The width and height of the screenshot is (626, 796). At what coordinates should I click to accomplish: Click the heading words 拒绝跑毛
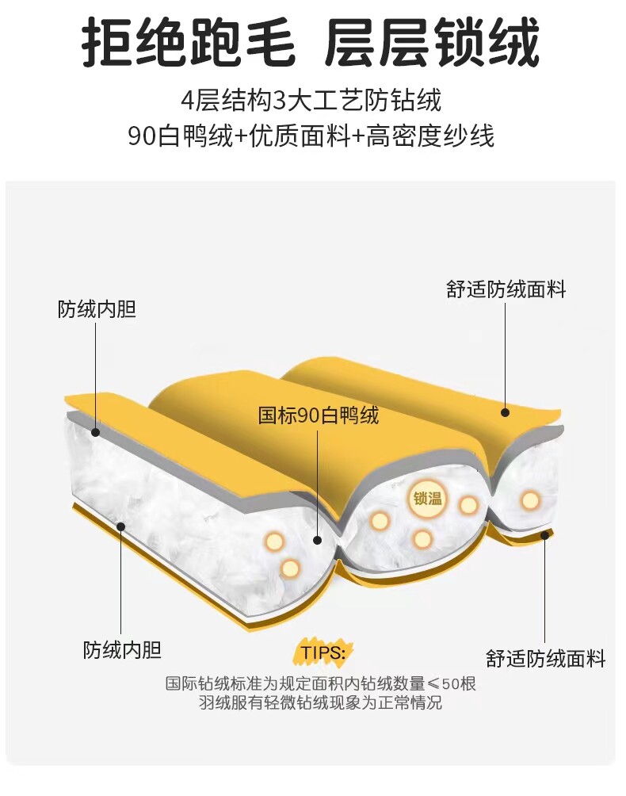[x=189, y=44]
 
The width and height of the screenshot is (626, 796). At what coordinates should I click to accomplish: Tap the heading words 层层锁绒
[x=433, y=44]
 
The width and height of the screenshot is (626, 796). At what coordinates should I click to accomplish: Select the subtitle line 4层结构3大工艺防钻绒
[x=311, y=101]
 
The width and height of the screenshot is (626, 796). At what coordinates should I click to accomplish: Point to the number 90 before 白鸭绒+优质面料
[x=142, y=136]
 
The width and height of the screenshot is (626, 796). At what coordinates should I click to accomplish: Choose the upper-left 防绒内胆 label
[x=97, y=308]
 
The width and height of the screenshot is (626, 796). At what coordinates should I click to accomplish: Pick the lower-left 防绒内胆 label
[x=122, y=651]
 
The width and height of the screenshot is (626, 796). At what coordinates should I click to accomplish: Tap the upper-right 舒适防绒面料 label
[x=506, y=289]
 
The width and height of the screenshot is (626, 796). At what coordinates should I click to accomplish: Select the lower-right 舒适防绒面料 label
[x=545, y=657]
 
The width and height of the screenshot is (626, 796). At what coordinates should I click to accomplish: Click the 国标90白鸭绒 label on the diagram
[x=319, y=415]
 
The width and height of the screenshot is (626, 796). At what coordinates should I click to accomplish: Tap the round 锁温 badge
[x=427, y=499]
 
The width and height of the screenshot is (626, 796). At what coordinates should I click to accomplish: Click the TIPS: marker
[x=323, y=652]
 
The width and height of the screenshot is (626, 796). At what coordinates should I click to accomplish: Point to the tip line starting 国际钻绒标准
[x=321, y=683]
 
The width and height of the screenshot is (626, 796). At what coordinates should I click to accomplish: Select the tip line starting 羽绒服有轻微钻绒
[x=321, y=702]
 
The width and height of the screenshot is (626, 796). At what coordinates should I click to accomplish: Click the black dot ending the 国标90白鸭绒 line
[x=318, y=540]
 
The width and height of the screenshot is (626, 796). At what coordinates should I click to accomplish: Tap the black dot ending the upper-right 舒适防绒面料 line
[x=506, y=411]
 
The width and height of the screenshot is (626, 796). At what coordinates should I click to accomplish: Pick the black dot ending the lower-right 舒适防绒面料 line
[x=545, y=535]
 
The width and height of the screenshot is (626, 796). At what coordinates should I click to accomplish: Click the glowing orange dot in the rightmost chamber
[x=530, y=499]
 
